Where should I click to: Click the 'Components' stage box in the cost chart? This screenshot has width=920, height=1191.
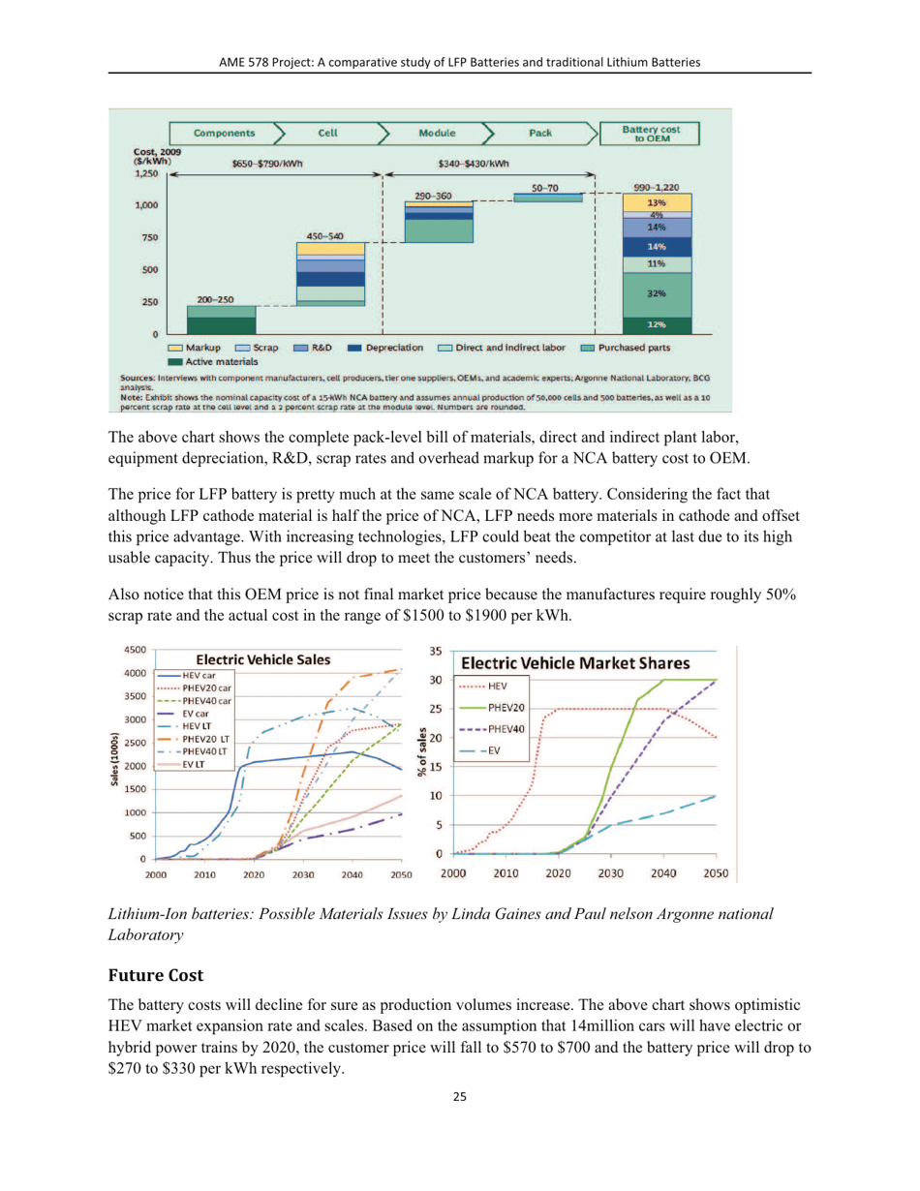point(225,134)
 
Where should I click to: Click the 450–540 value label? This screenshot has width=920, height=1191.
point(324,235)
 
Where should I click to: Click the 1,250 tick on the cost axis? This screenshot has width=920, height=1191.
point(145,174)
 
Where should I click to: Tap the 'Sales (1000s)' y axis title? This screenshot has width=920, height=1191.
point(116,760)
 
